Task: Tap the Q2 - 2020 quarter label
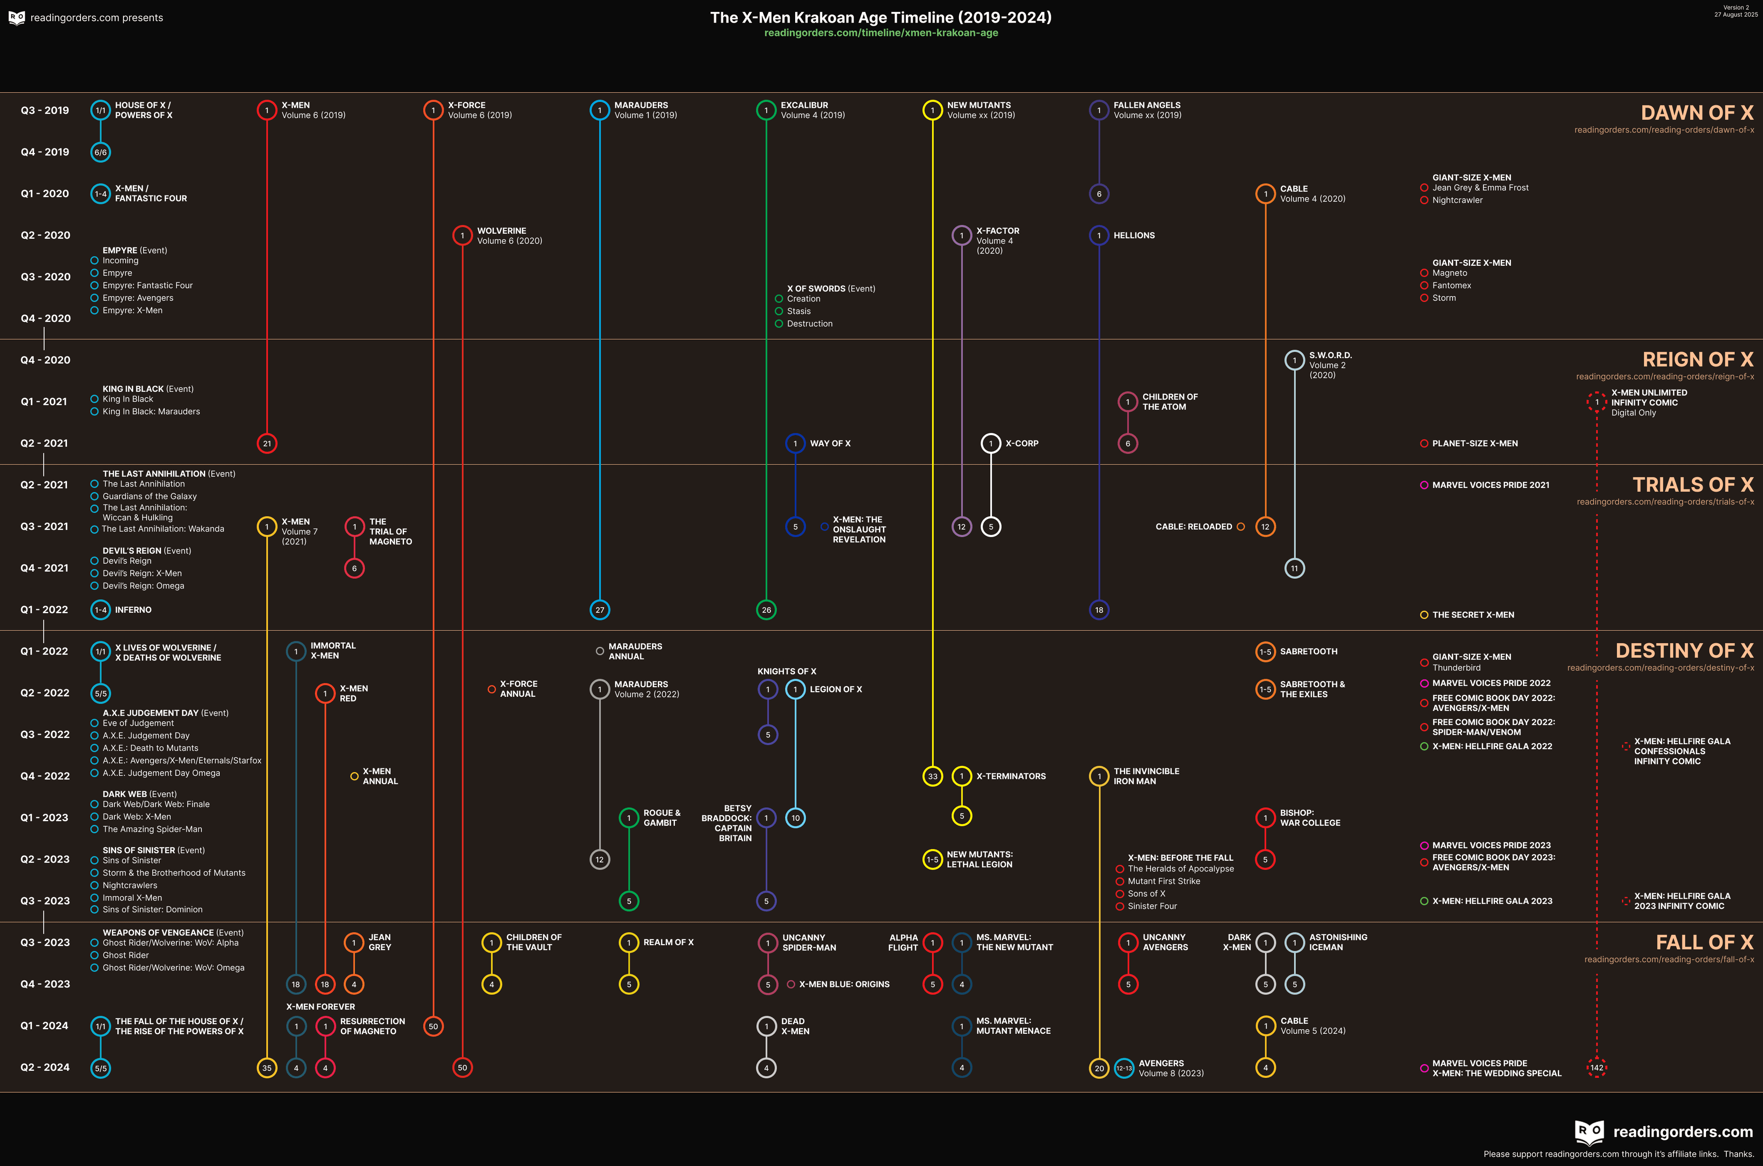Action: tap(45, 235)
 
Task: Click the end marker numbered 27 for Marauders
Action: tap(599, 610)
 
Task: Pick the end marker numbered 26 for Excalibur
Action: tap(766, 610)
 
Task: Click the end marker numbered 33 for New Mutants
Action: tap(932, 776)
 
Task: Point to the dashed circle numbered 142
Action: tap(1596, 1068)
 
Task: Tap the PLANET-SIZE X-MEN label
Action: tap(1475, 443)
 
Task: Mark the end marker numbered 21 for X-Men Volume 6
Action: tap(267, 443)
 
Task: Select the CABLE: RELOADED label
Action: tap(1193, 527)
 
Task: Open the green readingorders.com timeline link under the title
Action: tap(881, 33)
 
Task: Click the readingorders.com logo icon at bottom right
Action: tap(1589, 1132)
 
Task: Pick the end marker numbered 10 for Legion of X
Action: tap(795, 818)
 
